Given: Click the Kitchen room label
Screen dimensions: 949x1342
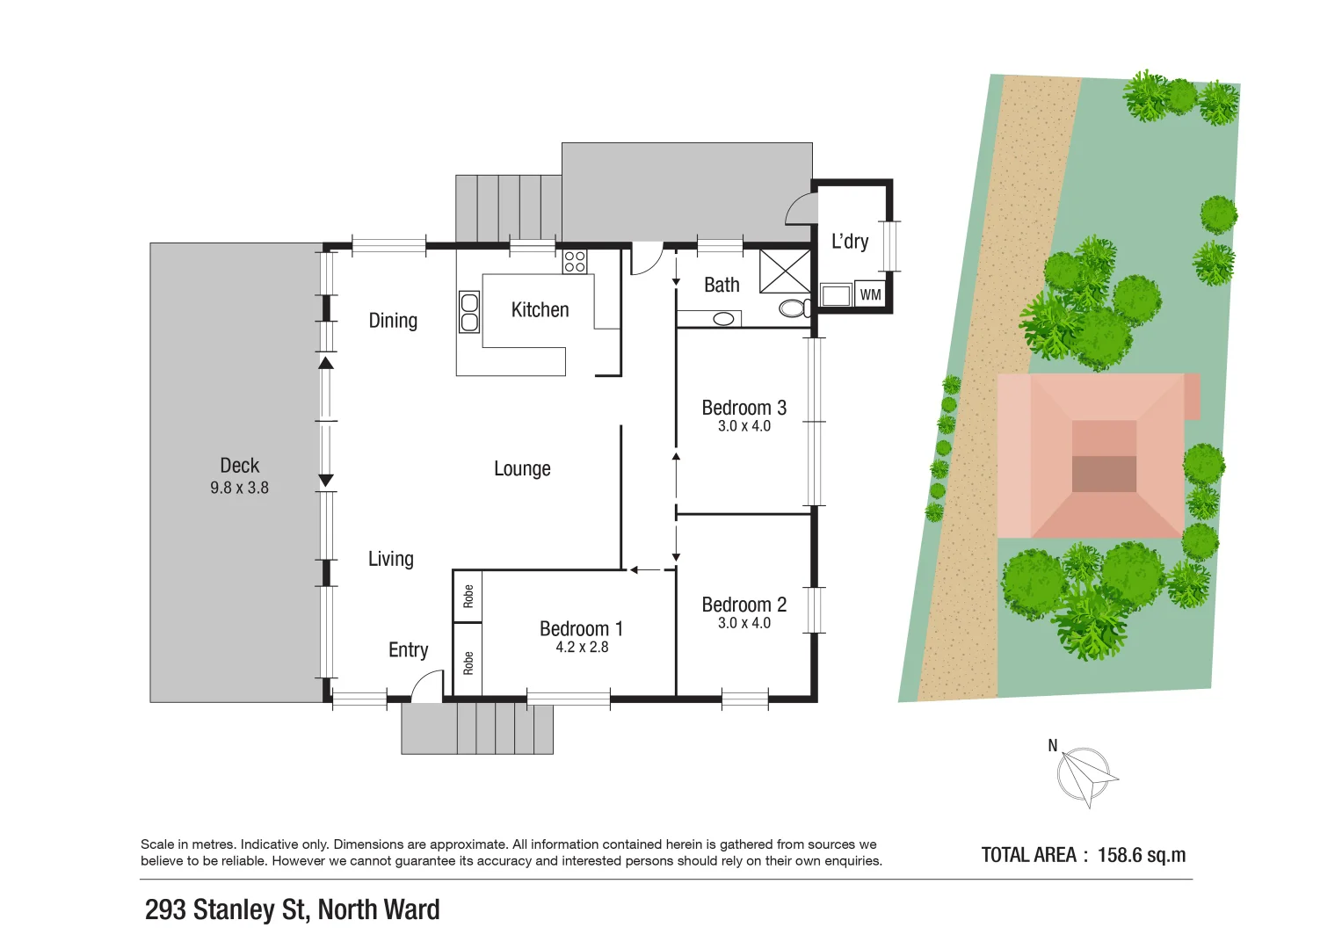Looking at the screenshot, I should (540, 310).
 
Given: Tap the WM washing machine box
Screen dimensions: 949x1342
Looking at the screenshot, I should (870, 295).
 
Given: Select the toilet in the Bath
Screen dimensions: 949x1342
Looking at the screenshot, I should (794, 308).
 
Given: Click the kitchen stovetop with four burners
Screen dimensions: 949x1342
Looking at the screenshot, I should (575, 262).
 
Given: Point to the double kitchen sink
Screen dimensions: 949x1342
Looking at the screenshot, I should (469, 312).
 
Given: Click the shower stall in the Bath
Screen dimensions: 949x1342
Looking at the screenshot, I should (785, 271).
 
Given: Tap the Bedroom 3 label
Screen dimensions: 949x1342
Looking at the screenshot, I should (744, 408).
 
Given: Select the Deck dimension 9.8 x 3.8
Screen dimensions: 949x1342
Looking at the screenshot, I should (239, 488).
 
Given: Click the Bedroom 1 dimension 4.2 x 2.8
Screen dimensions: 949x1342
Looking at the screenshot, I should (582, 648).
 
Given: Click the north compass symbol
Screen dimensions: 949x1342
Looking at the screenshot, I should (1085, 776).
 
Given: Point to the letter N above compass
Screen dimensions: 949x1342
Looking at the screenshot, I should (1053, 746).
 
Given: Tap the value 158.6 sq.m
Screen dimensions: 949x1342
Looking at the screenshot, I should (1141, 855).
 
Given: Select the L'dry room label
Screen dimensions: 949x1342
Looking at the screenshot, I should (850, 242).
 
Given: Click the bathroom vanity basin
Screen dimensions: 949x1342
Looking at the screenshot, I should (723, 319).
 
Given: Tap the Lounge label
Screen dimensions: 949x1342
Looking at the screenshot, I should (522, 469).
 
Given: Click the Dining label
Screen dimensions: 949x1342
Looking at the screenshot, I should (393, 321).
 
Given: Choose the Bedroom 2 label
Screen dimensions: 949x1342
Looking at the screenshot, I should (744, 605).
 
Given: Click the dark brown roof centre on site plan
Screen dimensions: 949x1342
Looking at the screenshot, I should (1104, 474).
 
